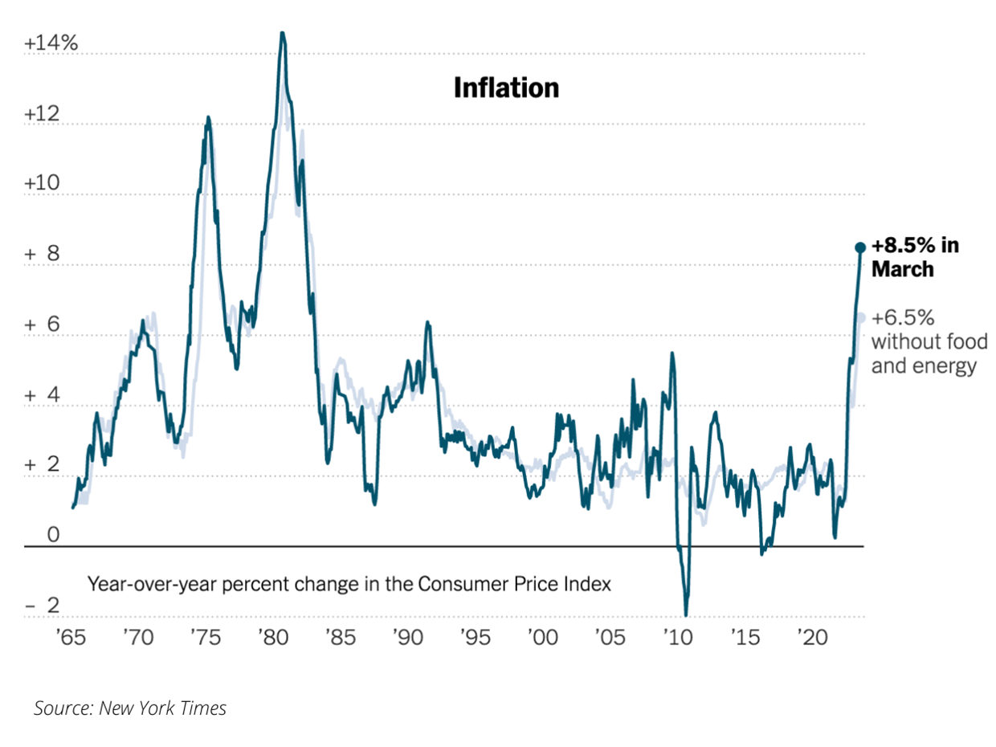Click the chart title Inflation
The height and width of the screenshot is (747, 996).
(506, 88)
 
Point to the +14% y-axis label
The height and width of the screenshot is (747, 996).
(51, 44)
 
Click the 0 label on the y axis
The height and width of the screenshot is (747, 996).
(53, 535)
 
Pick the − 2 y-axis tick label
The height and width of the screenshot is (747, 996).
(42, 605)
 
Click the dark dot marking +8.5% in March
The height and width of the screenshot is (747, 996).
(859, 247)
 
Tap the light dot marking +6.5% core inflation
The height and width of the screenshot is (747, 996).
(860, 317)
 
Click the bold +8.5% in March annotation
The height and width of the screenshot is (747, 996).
(915, 257)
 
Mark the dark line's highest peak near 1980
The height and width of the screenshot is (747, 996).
(282, 34)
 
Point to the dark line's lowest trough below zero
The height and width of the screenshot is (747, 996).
(687, 614)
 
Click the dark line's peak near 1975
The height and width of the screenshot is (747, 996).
(208, 118)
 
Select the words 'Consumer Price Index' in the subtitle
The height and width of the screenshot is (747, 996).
(514, 584)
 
